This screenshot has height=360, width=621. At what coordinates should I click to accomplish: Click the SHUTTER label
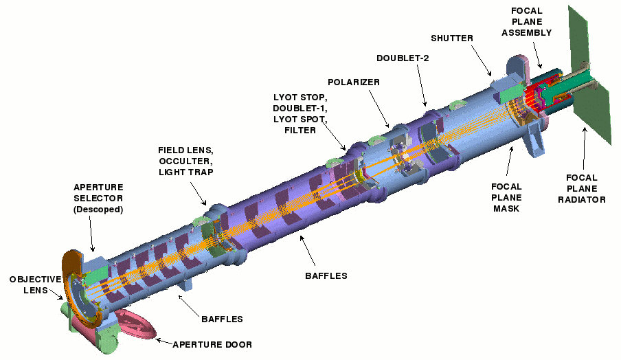pos(452,38)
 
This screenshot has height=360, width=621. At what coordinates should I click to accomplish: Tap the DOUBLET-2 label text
pos(403,58)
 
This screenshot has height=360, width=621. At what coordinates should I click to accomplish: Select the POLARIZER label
pos(354,82)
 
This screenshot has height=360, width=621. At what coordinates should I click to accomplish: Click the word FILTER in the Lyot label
pos(300,131)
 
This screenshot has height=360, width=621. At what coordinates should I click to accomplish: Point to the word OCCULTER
pos(185,161)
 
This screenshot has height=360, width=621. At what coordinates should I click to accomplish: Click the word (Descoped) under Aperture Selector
pos(98,210)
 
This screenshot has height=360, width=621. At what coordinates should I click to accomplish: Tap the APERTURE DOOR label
pos(212,345)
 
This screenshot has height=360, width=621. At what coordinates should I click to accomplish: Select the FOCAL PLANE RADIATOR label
pos(582,188)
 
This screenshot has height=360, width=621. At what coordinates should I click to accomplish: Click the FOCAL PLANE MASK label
pos(506,197)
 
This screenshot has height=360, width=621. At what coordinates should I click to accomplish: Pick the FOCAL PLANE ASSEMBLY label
pos(527,22)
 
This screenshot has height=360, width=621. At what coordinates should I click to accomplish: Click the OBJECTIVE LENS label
pos(35,284)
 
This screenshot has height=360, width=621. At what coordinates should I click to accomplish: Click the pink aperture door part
pos(135,325)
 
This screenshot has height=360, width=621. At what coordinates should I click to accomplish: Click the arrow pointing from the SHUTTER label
pos(482,60)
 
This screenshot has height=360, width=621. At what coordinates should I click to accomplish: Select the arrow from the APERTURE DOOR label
pos(164,341)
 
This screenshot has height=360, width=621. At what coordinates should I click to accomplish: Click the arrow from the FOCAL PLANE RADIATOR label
pos(584,148)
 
